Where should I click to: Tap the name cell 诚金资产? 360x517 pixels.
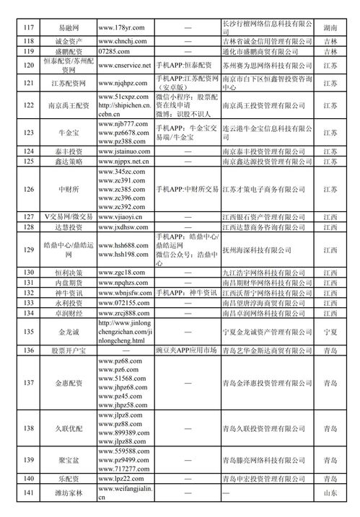coord(71,41)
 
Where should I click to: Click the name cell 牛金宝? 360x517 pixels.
coord(71,133)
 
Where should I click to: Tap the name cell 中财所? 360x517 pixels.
coord(71,189)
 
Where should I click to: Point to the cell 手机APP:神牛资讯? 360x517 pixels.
coord(185,293)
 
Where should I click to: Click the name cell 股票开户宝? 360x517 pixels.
coord(71,350)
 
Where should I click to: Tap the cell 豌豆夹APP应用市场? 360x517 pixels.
coord(186,350)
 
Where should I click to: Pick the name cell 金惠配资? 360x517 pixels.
coord(71,382)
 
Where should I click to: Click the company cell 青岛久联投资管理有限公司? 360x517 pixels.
coord(268,428)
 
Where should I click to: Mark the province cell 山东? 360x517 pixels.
coord(330,492)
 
